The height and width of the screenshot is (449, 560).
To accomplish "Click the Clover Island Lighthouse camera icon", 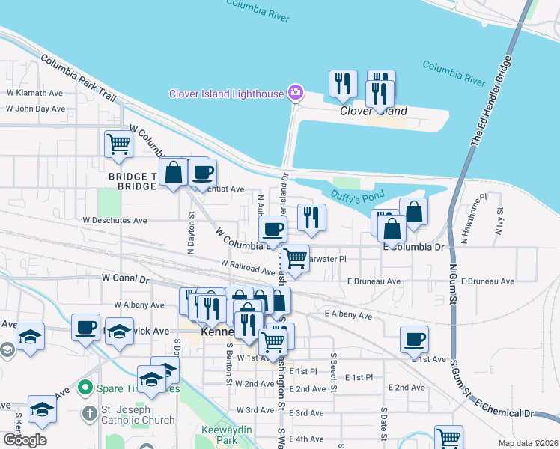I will [296, 93].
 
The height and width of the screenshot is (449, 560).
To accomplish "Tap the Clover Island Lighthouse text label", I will [226, 94].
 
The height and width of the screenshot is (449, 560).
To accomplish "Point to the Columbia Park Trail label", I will [79, 78].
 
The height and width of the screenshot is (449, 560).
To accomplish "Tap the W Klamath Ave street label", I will [34, 94].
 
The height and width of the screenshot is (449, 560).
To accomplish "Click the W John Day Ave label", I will [36, 109].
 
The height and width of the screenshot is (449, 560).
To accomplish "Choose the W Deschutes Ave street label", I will [115, 221].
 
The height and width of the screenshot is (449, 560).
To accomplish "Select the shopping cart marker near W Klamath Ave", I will [118, 144].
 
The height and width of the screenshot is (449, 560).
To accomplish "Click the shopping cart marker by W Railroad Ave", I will [296, 260].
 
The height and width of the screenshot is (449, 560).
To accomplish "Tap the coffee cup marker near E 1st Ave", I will [414, 340].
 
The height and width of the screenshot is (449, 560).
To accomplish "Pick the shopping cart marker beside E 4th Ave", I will [448, 438].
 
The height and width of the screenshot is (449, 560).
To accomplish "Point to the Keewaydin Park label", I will [219, 435].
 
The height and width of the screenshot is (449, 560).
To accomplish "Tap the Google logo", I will [25, 440].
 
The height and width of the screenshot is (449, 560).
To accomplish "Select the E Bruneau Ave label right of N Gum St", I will [488, 281].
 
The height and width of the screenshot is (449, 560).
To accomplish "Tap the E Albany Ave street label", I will [349, 316].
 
